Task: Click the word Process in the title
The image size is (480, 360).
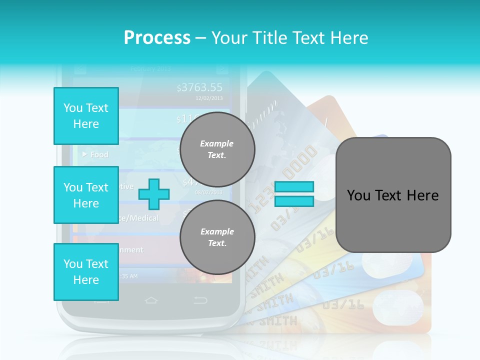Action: (157, 37)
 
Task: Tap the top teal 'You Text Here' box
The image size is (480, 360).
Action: (86, 116)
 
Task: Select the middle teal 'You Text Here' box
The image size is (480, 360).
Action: (86, 195)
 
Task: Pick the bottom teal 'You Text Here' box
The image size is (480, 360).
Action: (86, 272)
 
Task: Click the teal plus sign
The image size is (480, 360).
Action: (154, 194)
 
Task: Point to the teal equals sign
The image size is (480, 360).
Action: (294, 194)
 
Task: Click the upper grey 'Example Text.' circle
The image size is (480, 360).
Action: (217, 149)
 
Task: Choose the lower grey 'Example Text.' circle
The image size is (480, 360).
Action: (217, 237)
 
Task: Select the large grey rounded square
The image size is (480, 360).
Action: (393, 195)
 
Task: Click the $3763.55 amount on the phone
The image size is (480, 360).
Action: (199, 88)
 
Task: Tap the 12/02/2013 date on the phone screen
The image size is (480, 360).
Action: (209, 98)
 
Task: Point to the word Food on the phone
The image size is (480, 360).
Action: (99, 154)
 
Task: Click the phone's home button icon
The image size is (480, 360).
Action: (151, 300)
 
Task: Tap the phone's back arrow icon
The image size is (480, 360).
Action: (200, 300)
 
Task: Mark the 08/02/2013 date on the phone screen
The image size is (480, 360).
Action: (209, 192)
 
